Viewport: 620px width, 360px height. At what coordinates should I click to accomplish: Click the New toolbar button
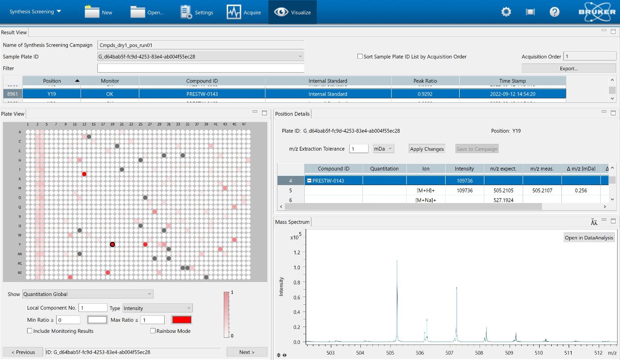coord(98,12)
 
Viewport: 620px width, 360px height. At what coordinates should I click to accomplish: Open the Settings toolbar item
coord(197,12)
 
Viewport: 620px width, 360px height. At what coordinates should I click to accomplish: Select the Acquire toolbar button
coord(244,12)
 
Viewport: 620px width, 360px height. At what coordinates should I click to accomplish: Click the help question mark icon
coord(555,12)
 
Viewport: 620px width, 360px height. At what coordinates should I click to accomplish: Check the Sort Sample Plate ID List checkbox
coord(360,57)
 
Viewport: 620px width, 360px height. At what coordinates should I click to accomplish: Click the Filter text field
coord(201,68)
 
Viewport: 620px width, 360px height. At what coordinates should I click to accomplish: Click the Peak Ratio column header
coord(425,81)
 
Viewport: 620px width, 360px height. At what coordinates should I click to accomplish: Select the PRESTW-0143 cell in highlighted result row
coord(202,94)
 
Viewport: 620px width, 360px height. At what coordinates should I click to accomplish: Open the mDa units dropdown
coord(384,149)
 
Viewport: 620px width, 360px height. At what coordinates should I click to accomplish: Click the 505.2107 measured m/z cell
coord(542,190)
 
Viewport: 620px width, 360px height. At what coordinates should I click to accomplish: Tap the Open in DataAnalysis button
coord(589,237)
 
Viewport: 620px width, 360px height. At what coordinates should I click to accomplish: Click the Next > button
coord(247,352)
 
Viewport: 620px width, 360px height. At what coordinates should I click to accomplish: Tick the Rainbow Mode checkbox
coord(153,331)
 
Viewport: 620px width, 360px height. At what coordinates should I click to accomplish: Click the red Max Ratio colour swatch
coord(182,320)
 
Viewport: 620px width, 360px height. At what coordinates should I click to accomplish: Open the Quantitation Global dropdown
coord(88,294)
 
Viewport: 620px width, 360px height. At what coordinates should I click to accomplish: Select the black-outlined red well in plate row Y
coord(112,245)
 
